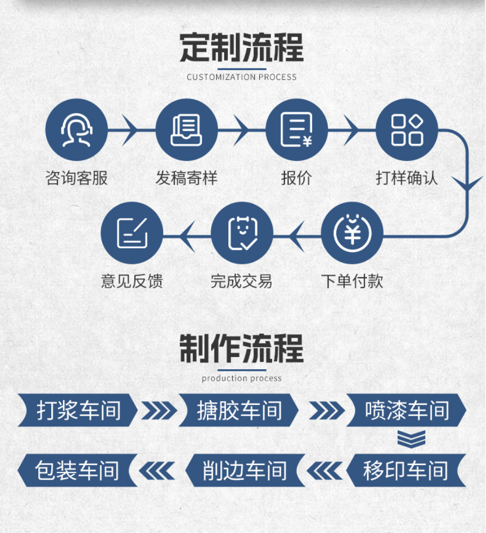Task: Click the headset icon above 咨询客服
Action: [x=77, y=130]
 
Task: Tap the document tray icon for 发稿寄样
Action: [x=186, y=130]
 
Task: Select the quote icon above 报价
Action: [x=296, y=130]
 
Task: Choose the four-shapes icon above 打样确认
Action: [x=407, y=130]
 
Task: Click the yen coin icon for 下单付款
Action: [x=352, y=233]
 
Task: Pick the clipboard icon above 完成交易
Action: [x=242, y=233]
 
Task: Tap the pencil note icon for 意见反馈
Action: [x=131, y=233]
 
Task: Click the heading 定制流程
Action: [x=241, y=48]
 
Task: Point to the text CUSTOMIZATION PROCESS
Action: [x=241, y=77]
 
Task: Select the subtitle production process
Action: [x=241, y=378]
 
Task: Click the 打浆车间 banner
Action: [x=78, y=410]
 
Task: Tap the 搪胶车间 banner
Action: [x=239, y=410]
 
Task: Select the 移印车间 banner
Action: [x=405, y=471]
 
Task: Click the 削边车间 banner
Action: [x=245, y=471]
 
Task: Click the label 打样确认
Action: [x=407, y=178]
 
